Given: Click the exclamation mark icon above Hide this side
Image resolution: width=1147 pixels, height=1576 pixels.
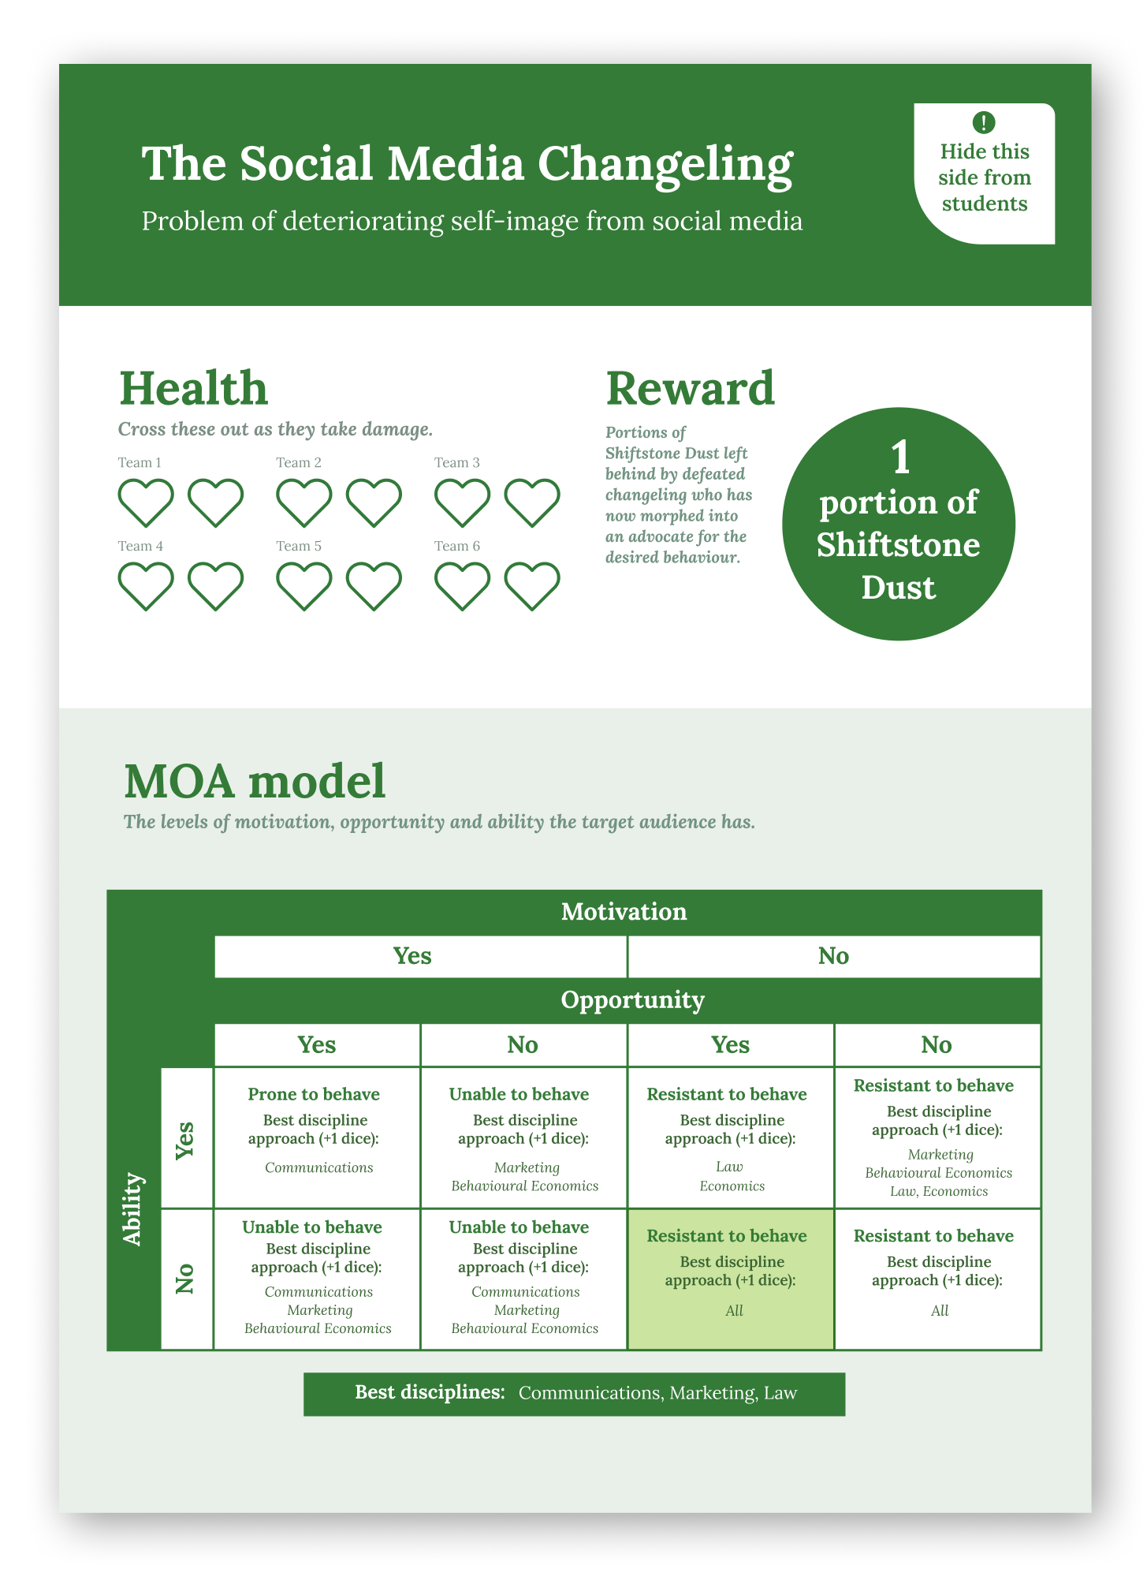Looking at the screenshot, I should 983,122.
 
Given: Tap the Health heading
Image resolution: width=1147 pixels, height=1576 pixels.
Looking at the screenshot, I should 193,388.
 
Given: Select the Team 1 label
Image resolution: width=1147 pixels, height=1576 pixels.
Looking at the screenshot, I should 140,462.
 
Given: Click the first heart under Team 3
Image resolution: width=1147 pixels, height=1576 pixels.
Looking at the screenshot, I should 462,502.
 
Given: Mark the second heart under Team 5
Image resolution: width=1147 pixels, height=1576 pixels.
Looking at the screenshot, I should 374,585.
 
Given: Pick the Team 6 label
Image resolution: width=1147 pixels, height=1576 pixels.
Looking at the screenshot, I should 456,546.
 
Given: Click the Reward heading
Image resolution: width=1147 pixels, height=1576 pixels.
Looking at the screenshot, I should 690,388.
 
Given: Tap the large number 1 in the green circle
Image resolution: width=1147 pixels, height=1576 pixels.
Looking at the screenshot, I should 899,458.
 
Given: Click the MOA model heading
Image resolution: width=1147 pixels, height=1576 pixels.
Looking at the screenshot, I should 255,781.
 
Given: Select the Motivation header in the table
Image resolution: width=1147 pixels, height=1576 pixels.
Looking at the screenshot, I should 624,912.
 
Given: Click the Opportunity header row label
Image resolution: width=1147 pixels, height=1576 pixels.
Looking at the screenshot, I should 632,1000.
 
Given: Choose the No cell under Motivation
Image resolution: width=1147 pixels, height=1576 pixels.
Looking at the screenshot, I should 833,956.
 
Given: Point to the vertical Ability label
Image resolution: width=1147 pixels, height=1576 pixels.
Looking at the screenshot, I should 133,1208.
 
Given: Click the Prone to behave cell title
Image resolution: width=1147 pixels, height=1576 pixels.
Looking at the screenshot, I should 314,1094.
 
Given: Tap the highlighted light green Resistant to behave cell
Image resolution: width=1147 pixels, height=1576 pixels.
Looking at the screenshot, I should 730,1278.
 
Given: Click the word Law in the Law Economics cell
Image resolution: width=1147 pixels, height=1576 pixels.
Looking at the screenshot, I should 729,1167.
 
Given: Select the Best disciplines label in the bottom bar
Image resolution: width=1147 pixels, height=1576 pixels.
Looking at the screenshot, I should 430,1392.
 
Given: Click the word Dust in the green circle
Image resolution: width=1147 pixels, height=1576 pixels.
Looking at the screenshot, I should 898,588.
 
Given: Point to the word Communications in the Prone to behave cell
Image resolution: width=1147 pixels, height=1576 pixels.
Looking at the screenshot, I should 318,1167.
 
